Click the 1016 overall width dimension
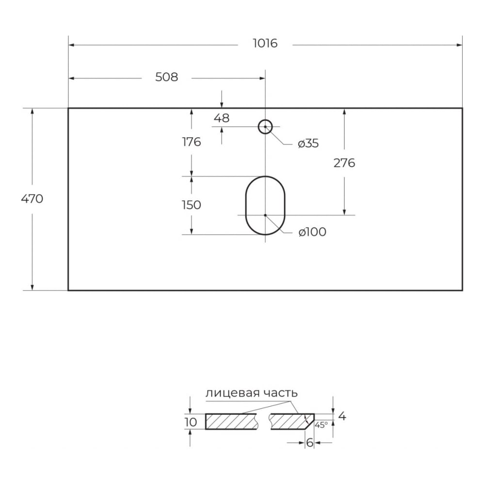pos(265,43)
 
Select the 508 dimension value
pos(166,77)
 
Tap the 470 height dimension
pos(32,198)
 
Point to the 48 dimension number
pos(222,118)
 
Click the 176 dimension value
pos(192,142)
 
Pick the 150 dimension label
pos(192,205)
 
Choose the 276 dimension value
pos(344,162)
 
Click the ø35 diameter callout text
pos(308,143)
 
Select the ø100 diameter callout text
pos(312,232)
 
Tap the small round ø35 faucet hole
pos(265,120)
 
